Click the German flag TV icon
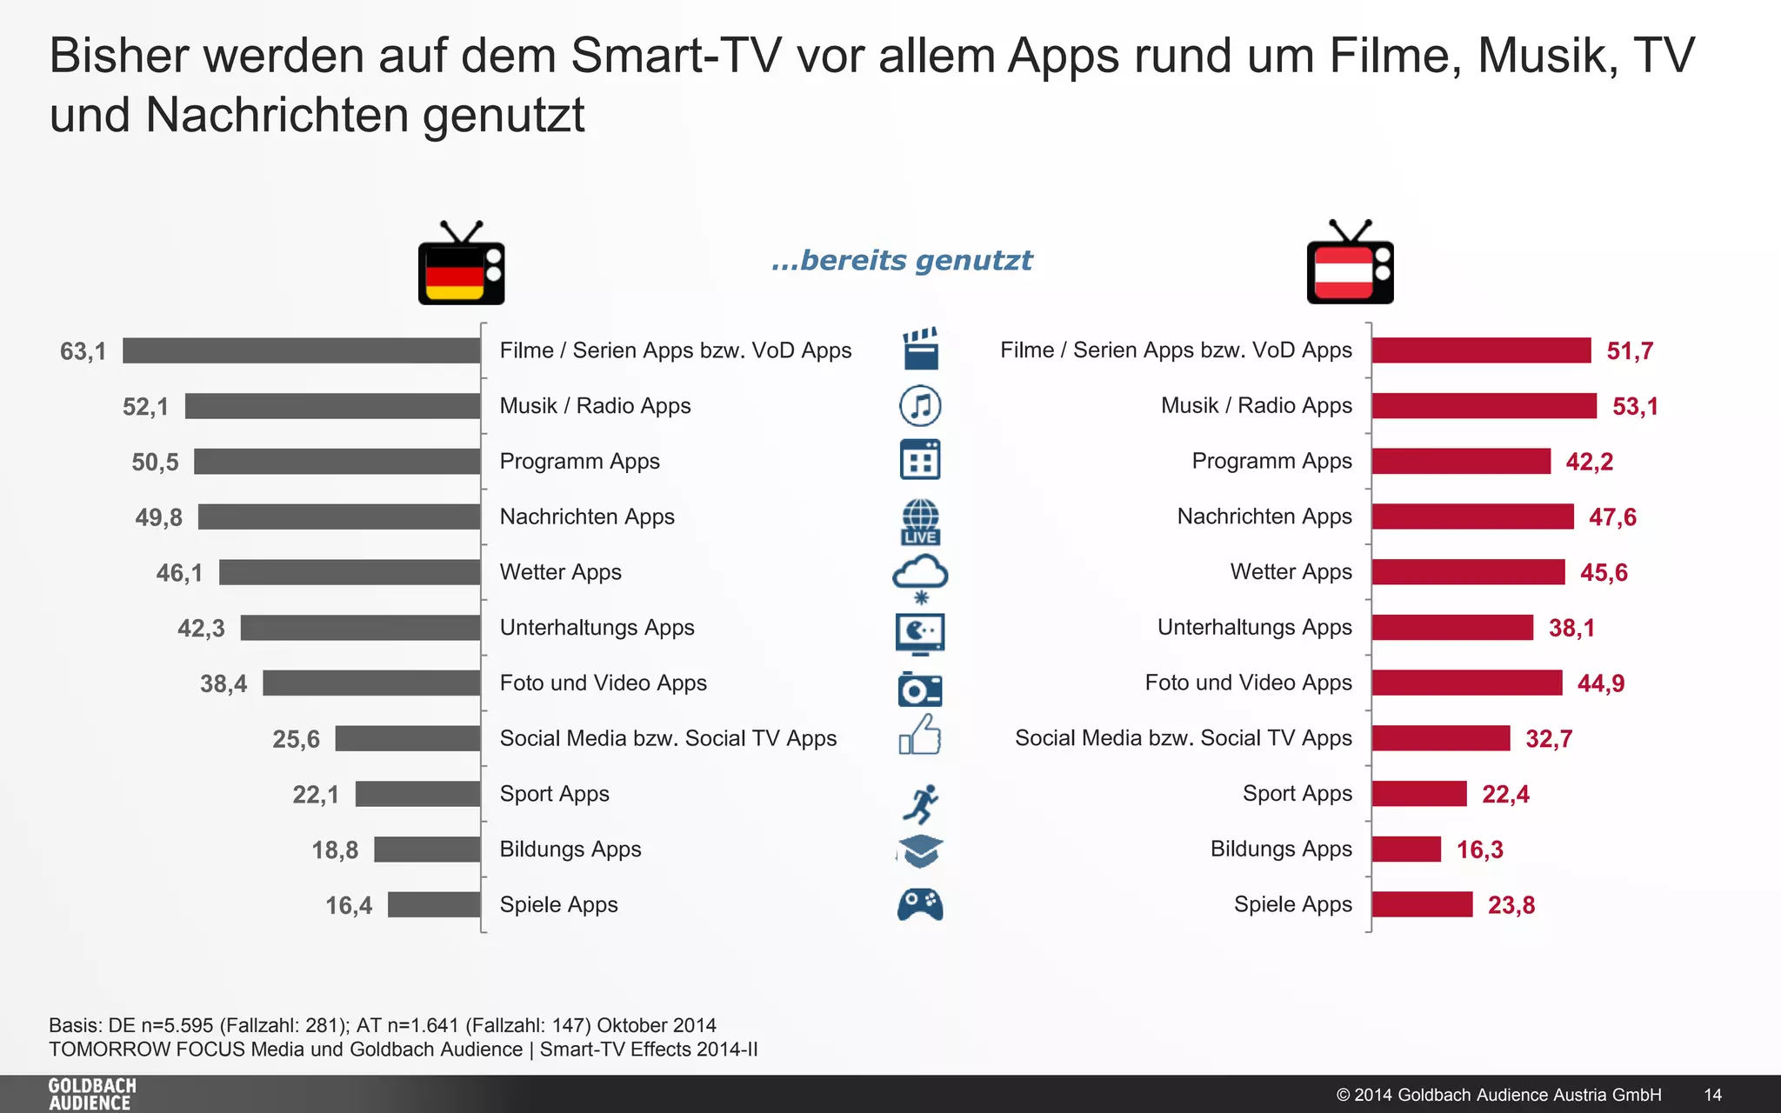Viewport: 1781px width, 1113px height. (461, 264)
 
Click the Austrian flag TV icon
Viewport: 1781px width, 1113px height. (1350, 264)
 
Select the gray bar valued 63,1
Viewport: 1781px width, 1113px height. (301, 350)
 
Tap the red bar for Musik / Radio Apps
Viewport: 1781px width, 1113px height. (1484, 406)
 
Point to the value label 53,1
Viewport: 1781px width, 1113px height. (1635, 407)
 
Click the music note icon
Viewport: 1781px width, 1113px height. (920, 406)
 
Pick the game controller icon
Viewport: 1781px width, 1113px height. (920, 904)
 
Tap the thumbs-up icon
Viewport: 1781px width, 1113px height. (920, 736)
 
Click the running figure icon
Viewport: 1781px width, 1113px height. (920, 803)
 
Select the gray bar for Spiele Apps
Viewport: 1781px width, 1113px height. (434, 904)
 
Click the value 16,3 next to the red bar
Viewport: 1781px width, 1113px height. (1479, 850)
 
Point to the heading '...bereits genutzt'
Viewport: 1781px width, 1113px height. (902, 260)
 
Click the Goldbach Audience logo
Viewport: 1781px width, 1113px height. (92, 1094)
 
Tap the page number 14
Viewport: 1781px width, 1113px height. (1712, 1095)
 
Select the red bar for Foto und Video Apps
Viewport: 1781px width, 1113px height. (1467, 683)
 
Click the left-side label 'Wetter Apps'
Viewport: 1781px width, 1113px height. (560, 572)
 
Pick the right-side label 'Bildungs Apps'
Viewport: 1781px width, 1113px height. (1280, 849)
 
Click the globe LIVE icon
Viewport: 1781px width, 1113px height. (920, 521)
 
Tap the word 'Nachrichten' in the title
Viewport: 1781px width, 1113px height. (277, 115)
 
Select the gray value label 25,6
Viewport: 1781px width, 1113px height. (296, 739)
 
